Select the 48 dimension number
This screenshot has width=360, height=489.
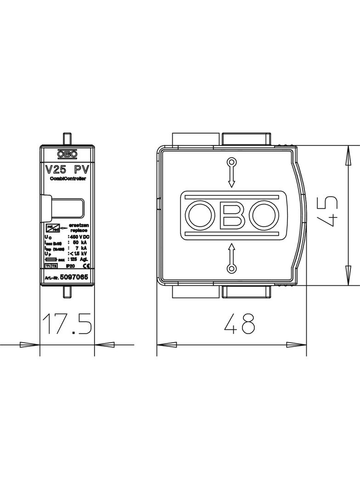click(x=239, y=325)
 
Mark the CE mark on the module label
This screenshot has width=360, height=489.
click(x=84, y=266)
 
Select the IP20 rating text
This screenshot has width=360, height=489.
click(x=70, y=266)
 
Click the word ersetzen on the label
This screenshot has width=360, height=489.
click(x=78, y=225)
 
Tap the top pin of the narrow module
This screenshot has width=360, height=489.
click(x=67, y=138)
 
